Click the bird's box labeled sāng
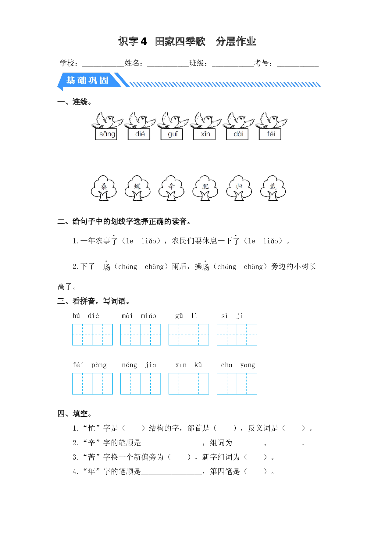(x=106, y=134)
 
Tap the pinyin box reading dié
(x=139, y=134)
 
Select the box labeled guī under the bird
(x=172, y=134)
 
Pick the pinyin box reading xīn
(x=205, y=134)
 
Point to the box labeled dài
(x=237, y=134)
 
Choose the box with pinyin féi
(x=270, y=134)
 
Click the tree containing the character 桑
(x=104, y=188)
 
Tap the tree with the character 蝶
(x=137, y=188)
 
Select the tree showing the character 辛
(x=171, y=188)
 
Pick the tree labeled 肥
(x=205, y=188)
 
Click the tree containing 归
(x=239, y=188)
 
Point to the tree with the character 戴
(x=273, y=188)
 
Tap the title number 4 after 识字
(x=144, y=41)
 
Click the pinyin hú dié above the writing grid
(x=86, y=316)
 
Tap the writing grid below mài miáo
(x=141, y=335)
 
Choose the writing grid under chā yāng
(x=237, y=384)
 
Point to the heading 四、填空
(x=74, y=414)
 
